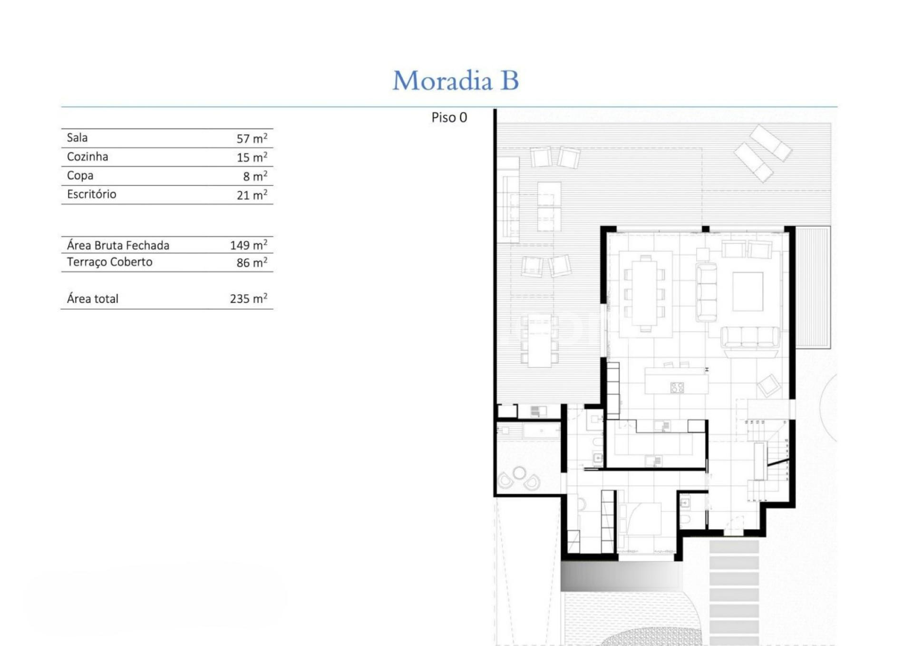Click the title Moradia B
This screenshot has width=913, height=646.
tap(456, 80)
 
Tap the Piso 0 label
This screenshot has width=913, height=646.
tap(449, 118)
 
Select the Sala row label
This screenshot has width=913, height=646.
tap(77, 138)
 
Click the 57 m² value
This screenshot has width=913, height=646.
tap(252, 138)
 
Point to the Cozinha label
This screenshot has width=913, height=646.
tap(87, 157)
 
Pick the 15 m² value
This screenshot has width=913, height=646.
tap(252, 157)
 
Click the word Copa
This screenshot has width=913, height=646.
tap(80, 176)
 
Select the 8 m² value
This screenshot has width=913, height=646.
tap(255, 176)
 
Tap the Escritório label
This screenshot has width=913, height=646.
tap(91, 194)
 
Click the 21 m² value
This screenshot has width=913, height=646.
tap(252, 195)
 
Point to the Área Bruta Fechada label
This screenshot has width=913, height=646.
tap(118, 245)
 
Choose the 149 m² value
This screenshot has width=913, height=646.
tap(249, 245)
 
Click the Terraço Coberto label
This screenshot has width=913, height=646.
tap(109, 262)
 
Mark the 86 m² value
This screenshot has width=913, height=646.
tap(252, 262)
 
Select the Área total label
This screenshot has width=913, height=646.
tap(92, 298)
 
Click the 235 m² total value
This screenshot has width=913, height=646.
tap(249, 298)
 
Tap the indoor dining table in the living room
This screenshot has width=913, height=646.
tap(644, 294)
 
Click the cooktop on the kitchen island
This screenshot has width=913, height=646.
tap(677, 388)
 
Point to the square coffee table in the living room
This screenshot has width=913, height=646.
tap(748, 291)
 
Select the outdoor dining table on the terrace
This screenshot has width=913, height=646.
tap(539, 340)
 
